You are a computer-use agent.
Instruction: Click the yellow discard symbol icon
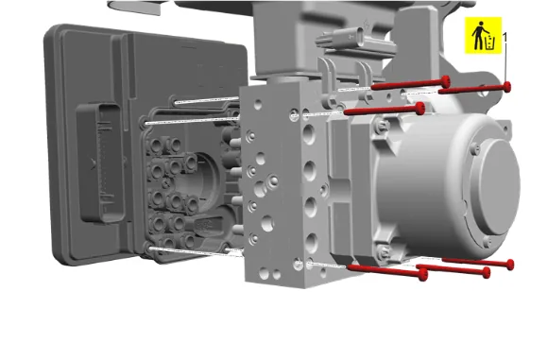coord(483,35)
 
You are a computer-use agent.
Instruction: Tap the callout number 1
coord(505,37)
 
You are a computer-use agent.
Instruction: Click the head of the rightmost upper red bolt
coord(506,87)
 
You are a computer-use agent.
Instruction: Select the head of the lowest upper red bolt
coord(420,108)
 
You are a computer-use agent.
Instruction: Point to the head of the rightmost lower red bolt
coord(510,265)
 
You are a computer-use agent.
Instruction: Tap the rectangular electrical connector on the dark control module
coord(99,163)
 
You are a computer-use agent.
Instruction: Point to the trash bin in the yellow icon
coord(490,43)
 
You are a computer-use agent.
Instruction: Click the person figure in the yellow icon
coord(479,35)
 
